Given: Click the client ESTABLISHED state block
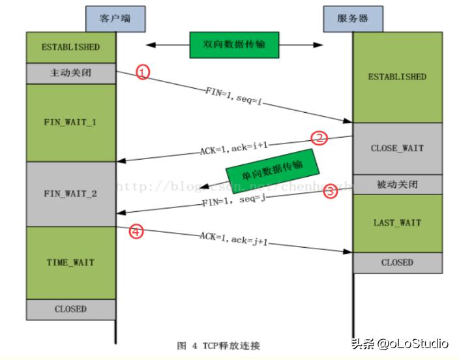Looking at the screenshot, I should click(x=70, y=47).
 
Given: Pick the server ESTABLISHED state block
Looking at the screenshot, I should click(x=397, y=77).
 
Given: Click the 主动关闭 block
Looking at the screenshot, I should click(x=70, y=73).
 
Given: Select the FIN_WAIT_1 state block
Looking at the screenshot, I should click(x=70, y=122).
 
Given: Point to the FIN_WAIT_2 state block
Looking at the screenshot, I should click(x=70, y=194).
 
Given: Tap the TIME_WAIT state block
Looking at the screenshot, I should click(x=70, y=262).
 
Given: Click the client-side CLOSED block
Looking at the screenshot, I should click(x=70, y=309).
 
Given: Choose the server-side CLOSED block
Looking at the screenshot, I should click(x=397, y=262).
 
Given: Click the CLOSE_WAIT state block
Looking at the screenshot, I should click(x=397, y=148).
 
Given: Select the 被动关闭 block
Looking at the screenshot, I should click(x=397, y=184).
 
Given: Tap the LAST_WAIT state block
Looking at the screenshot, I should click(x=397, y=222).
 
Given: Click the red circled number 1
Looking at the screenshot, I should click(x=143, y=72).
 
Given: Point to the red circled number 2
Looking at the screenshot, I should click(x=319, y=138).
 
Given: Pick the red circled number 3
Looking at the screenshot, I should click(x=331, y=191).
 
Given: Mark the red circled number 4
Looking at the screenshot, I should click(x=135, y=230).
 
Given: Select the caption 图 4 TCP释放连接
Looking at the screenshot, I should click(x=218, y=345).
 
